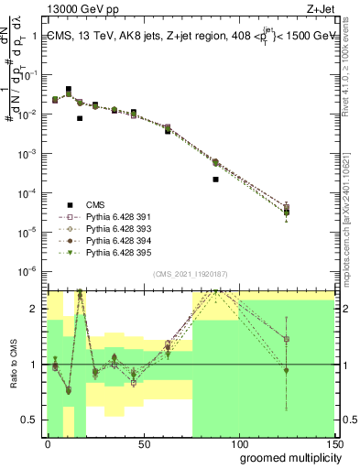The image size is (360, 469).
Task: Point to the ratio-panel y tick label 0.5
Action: coord(31,421)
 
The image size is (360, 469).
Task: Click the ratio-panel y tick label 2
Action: coord(35,309)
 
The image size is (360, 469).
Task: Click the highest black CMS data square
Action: coord(69,90)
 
